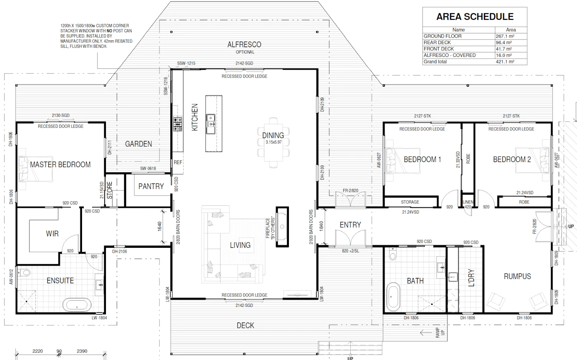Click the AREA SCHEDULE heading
475,17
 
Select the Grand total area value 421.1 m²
505,62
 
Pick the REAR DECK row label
437,42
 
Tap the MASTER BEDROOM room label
60,165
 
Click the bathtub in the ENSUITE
77,305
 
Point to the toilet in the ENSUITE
24,273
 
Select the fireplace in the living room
282,227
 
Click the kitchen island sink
211,124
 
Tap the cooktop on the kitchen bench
178,124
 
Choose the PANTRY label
151,186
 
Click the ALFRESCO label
244,45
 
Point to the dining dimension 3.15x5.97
274,142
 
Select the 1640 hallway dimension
159,226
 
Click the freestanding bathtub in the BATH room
393,296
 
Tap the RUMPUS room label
517,277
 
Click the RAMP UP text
440,333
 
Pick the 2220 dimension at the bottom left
38,351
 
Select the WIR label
52,234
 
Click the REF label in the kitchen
178,162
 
